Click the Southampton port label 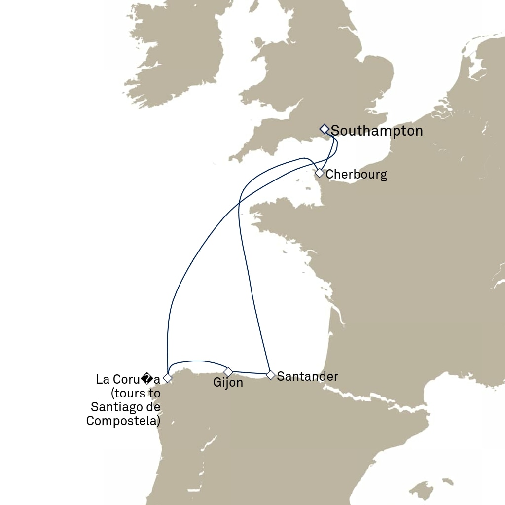tap(377, 131)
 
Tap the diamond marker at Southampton tap(324, 129)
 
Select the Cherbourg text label tap(356, 174)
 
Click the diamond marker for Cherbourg tap(320, 173)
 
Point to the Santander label tap(307, 376)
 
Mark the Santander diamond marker tap(270, 375)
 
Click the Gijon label tap(228, 383)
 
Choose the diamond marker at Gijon tap(228, 371)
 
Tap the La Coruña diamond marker tap(168, 378)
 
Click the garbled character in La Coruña tap(146, 380)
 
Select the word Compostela tap(123, 421)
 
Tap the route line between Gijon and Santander tap(249, 372)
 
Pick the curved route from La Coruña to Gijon tap(197, 361)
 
